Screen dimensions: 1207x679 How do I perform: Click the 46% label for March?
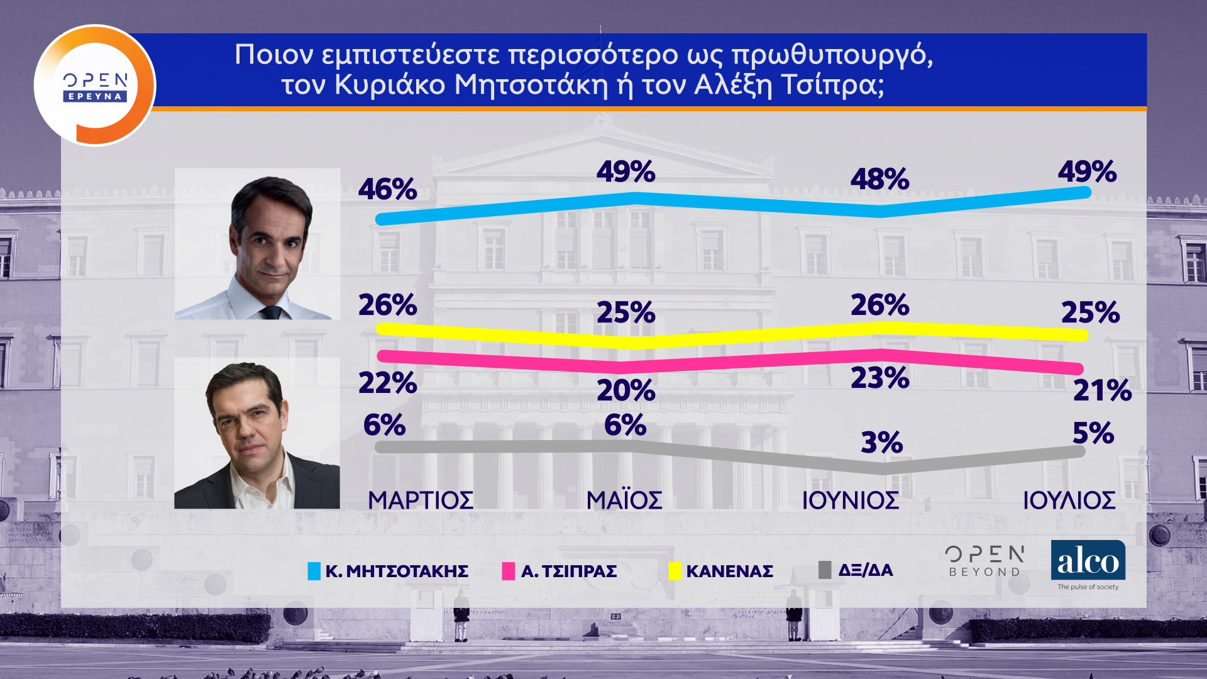click(x=387, y=189)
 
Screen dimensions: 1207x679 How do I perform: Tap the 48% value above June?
click(x=879, y=179)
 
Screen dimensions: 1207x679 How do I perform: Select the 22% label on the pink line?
click(x=387, y=383)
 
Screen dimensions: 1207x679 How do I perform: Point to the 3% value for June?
click(x=881, y=443)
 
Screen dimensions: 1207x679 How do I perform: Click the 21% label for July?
click(x=1102, y=390)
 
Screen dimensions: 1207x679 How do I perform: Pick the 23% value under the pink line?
click(x=879, y=378)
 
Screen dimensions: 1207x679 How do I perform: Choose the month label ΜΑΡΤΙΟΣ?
click(x=421, y=500)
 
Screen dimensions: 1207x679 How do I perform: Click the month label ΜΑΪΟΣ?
click(x=624, y=500)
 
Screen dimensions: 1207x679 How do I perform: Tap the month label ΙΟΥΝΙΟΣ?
click(x=850, y=500)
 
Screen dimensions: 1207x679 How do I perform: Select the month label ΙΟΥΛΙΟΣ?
click(x=1069, y=500)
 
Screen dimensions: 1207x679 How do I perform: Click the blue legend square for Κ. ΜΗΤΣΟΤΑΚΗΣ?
click(x=314, y=571)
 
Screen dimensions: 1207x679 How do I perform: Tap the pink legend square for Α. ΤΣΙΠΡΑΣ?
click(x=509, y=571)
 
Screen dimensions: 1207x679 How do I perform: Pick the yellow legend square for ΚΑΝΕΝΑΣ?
click(x=675, y=571)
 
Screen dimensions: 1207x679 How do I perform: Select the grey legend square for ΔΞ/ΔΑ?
click(x=825, y=570)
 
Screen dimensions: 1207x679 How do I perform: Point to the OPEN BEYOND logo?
click(x=984, y=561)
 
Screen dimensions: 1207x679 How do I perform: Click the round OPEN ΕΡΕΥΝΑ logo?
click(x=95, y=85)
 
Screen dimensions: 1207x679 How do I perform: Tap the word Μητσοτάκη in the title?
click(x=531, y=85)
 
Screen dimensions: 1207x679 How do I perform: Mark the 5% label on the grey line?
click(x=1093, y=433)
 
